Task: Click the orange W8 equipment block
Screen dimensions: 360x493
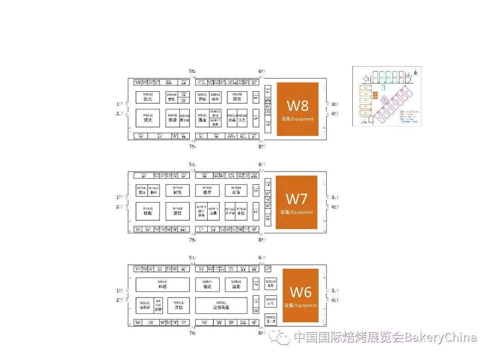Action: pyautogui.click(x=297, y=109)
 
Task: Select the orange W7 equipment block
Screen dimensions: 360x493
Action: pyautogui.click(x=297, y=202)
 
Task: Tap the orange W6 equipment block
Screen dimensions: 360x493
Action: pyautogui.click(x=300, y=295)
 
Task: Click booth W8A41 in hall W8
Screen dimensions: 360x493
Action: pyautogui.click(x=147, y=97)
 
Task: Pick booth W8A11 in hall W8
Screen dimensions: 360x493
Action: pyautogui.click(x=147, y=118)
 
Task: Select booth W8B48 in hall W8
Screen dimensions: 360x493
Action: pyautogui.click(x=237, y=97)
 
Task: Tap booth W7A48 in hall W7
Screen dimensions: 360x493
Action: pyautogui.click(x=178, y=190)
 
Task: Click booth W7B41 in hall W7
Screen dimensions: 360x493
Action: pyautogui.click(x=207, y=190)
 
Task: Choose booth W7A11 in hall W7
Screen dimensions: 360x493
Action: pyautogui.click(x=147, y=211)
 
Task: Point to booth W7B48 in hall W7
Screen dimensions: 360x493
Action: pyautogui.click(x=236, y=190)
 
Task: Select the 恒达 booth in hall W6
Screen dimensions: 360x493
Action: pyautogui.click(x=207, y=285)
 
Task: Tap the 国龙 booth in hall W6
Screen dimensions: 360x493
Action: pyautogui.click(x=236, y=285)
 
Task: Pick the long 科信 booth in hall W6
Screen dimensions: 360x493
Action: pyautogui.click(x=163, y=285)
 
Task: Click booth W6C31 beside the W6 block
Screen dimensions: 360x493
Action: pyautogui.click(x=271, y=318)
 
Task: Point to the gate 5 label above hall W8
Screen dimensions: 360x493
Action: pyautogui.click(x=193, y=71)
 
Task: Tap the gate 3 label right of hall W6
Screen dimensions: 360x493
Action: pyautogui.click(x=335, y=291)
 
